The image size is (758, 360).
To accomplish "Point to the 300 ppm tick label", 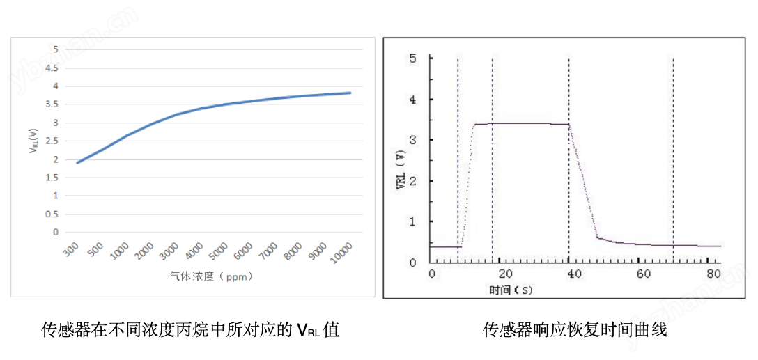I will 70,251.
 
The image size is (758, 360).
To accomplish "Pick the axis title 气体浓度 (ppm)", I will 211,276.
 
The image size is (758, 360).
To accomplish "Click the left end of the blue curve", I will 77,163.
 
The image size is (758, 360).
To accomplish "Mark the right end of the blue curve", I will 350,93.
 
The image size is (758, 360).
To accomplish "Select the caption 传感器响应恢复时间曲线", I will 575,329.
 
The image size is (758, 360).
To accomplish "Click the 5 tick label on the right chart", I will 413,58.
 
